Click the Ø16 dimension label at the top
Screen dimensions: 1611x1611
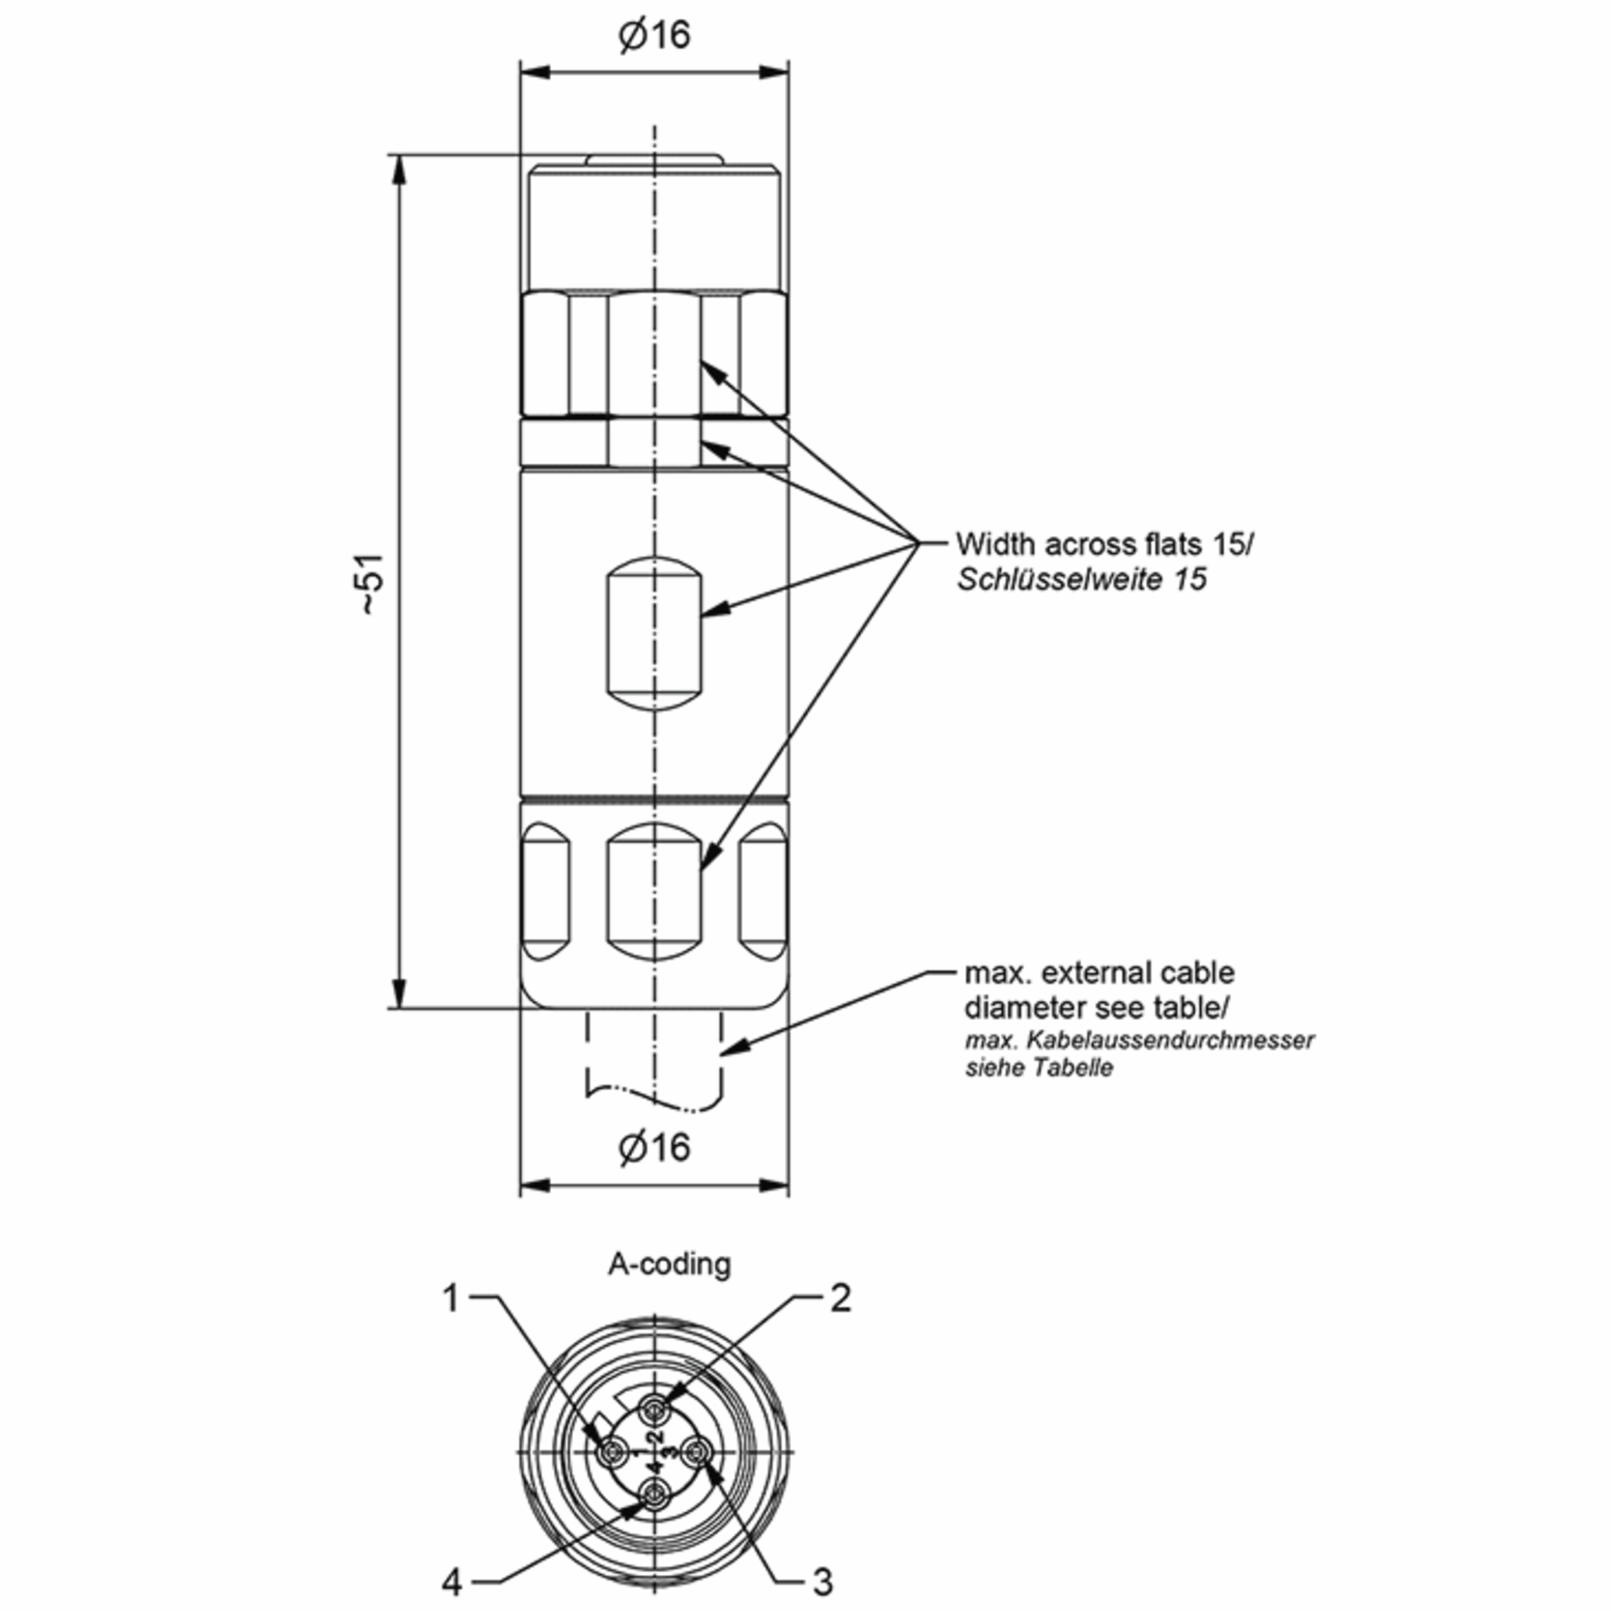click(x=654, y=35)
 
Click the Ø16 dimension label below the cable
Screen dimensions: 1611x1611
click(x=654, y=1147)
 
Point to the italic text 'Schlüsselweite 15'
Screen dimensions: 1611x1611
click(x=1081, y=579)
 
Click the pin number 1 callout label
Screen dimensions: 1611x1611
click(x=451, y=1298)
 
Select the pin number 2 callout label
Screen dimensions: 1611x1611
click(x=840, y=1298)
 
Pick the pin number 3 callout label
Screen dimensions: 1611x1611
click(x=822, y=1582)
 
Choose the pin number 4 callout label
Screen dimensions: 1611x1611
click(x=451, y=1582)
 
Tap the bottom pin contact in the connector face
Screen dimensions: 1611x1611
click(x=654, y=1497)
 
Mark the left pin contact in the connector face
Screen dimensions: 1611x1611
click(x=612, y=1454)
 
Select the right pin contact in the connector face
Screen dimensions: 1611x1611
click(x=697, y=1454)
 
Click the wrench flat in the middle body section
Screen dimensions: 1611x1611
click(x=654, y=634)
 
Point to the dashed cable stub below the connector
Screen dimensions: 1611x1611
click(x=654, y=1059)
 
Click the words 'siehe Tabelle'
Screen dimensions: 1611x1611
click(x=1038, y=1068)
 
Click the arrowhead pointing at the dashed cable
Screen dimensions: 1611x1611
click(x=734, y=1047)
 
